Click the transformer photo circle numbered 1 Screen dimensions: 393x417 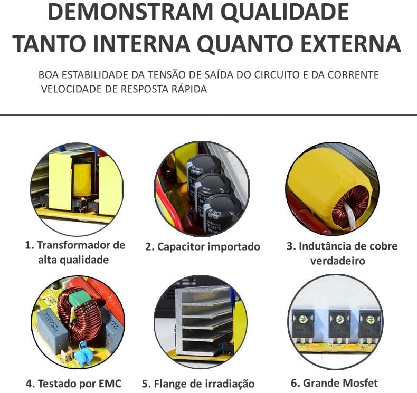77,188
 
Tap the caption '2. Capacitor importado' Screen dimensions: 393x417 203,246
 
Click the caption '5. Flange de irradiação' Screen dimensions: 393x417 198,384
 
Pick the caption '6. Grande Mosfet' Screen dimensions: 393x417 334,382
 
